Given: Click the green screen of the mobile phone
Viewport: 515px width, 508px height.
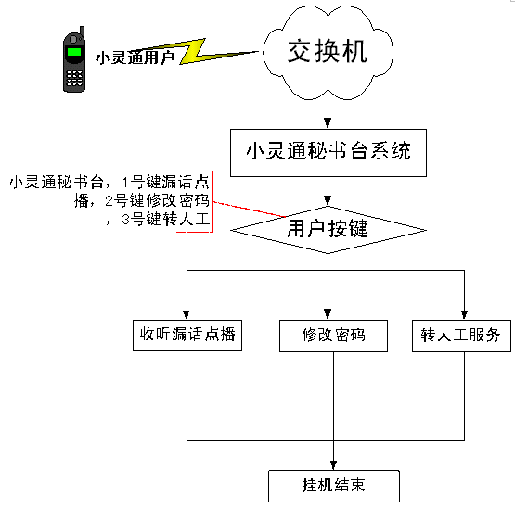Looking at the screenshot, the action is [74, 52].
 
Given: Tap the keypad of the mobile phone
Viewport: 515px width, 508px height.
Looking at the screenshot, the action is [74, 78].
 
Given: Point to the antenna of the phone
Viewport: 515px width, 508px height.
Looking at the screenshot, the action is [82, 32].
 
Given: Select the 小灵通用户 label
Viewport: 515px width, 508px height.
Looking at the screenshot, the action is [135, 57].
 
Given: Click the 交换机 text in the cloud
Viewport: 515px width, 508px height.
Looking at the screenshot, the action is [328, 51].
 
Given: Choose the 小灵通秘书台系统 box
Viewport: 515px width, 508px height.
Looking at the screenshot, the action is [328, 153].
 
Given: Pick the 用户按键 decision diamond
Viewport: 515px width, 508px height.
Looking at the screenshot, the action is [328, 230].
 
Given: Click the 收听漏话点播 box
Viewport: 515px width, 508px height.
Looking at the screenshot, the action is [187, 336].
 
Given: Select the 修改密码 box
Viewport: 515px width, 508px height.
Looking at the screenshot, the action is [333, 336].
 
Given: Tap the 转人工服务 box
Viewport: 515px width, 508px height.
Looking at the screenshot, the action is [461, 336].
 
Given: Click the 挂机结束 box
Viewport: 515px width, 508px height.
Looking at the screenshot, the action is [334, 486].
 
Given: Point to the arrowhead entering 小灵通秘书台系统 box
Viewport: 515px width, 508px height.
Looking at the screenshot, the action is [328, 123].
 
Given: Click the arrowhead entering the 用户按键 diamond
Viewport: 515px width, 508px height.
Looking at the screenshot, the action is [328, 200].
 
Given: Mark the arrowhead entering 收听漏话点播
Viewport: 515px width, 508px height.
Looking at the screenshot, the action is [187, 314].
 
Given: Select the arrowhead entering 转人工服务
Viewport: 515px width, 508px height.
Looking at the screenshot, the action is [464, 314].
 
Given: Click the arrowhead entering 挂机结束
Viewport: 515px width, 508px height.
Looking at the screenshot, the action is [333, 465].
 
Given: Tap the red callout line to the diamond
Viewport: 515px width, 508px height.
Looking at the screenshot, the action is [250, 210].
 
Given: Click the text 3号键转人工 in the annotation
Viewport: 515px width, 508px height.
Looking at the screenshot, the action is [165, 219].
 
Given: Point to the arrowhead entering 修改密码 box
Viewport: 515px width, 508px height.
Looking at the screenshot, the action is [328, 314].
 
